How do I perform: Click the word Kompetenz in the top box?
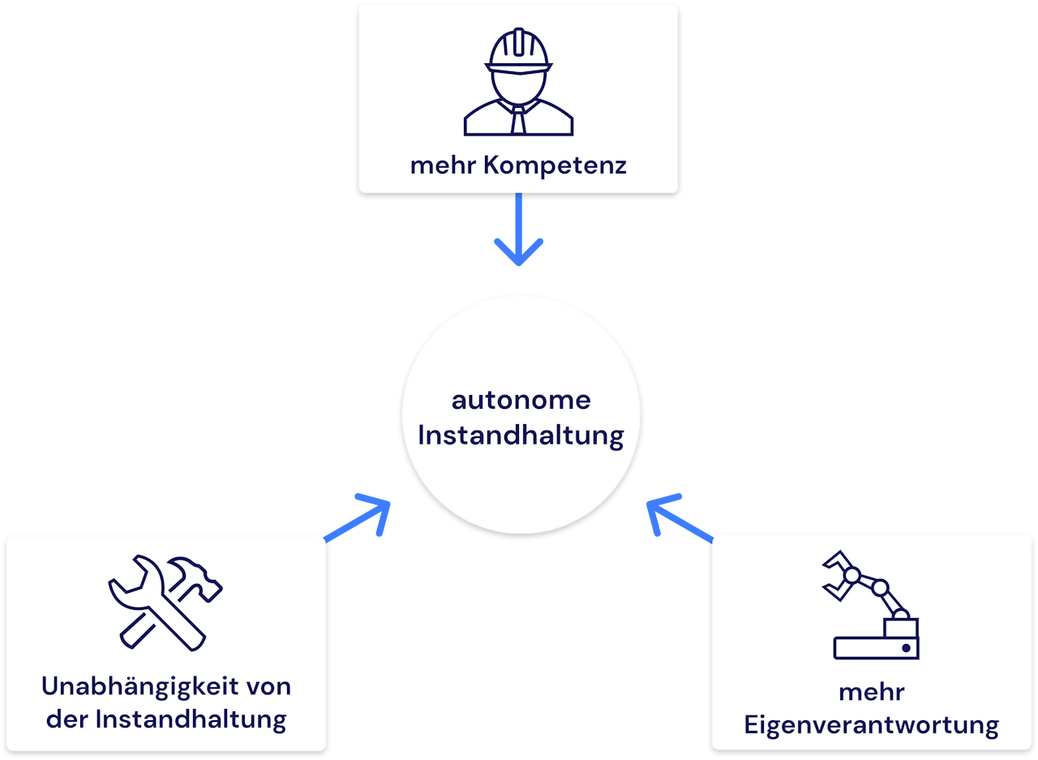[555, 165]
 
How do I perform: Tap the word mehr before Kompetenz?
[444, 165]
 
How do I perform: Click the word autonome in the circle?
[521, 400]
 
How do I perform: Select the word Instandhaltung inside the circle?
[521, 436]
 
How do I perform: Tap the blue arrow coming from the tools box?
[360, 519]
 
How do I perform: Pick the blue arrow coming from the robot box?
[678, 519]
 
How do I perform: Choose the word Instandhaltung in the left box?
[191, 719]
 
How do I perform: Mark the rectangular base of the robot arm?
[876, 647]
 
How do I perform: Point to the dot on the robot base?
[906, 648]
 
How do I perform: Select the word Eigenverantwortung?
[872, 724]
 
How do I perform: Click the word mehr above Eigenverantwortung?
[872, 692]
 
